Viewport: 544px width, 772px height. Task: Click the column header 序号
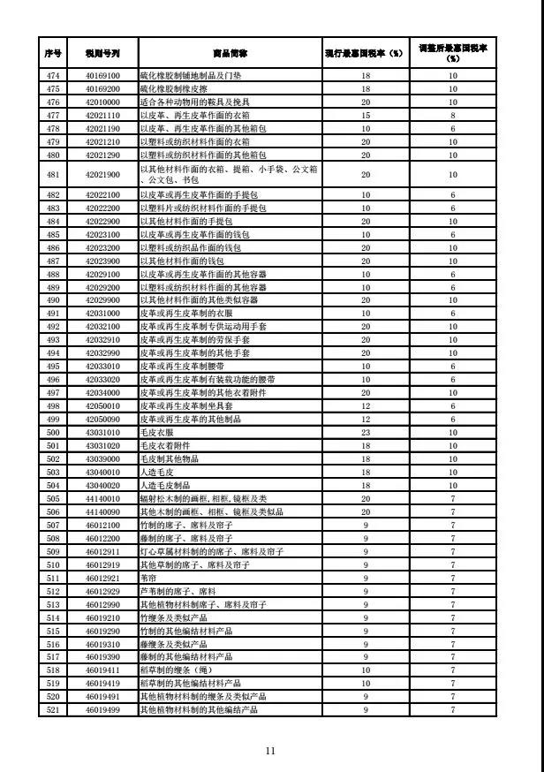coord(52,53)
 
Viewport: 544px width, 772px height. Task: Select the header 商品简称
coord(230,53)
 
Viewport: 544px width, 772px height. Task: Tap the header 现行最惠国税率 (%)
coord(365,53)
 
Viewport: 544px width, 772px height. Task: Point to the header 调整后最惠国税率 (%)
coord(452,52)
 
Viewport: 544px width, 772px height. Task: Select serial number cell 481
coord(52,174)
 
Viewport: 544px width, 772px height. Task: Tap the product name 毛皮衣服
coord(156,433)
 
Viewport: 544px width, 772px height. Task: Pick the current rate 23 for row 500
coord(365,433)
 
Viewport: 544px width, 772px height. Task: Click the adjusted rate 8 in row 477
coord(452,115)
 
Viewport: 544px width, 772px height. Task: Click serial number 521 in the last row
coord(52,710)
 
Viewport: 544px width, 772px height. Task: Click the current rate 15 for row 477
coord(365,115)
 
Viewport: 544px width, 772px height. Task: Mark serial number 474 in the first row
coord(52,76)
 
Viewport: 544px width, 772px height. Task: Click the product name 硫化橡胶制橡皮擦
coord(173,88)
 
